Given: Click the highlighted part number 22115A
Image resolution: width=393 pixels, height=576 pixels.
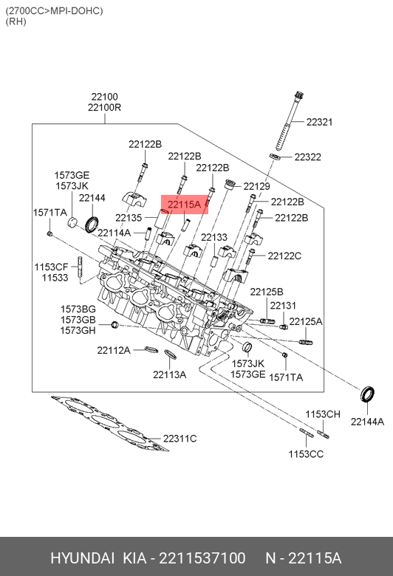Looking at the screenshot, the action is click(184, 205).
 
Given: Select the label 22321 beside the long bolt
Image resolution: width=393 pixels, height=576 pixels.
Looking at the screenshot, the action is click(319, 122).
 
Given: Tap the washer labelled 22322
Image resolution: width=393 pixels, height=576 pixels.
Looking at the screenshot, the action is click(275, 157).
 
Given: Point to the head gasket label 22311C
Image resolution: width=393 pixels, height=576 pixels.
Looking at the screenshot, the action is click(180, 439).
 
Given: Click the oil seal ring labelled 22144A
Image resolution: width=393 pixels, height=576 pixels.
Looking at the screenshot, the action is click(367, 394).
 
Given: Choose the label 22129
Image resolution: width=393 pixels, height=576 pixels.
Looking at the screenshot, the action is click(256, 186).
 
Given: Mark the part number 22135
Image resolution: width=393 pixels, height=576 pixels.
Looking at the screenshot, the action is click(129, 218).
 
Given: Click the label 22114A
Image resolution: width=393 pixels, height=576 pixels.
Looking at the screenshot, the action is click(114, 233).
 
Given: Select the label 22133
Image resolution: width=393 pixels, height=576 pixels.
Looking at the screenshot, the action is click(214, 237).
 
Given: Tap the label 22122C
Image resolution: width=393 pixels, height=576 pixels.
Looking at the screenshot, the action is click(284, 256).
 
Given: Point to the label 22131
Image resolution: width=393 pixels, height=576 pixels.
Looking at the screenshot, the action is click(283, 305).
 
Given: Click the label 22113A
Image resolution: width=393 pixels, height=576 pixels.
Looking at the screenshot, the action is click(169, 374).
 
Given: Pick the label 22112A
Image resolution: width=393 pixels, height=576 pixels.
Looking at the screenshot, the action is click(114, 351).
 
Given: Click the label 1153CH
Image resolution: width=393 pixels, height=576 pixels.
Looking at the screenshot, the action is click(323, 414).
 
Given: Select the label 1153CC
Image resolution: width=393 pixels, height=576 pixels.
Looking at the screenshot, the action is click(306, 454).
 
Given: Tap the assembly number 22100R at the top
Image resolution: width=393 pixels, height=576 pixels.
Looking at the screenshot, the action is click(104, 108).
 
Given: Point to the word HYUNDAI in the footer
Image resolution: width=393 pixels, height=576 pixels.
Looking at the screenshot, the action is click(82, 558).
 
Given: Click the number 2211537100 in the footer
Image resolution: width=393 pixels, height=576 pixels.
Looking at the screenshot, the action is click(202, 558).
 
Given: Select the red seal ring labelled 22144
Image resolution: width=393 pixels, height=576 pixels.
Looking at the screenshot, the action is click(92, 224).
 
